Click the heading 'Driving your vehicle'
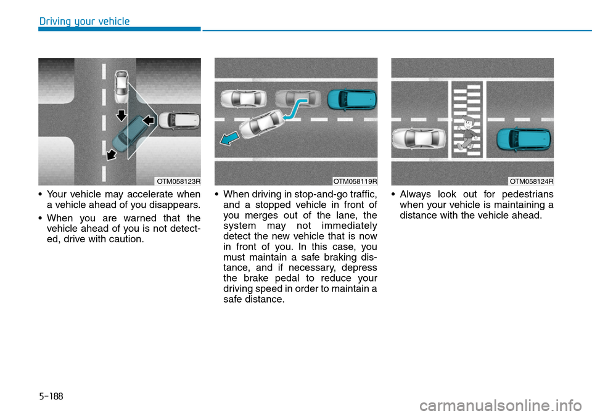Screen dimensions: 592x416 84,21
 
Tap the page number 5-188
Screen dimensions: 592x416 51,396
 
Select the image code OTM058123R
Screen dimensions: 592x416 179,181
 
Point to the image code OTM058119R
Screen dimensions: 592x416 355,181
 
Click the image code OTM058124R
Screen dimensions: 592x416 531,181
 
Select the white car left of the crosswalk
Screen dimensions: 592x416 419,139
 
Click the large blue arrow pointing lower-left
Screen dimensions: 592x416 229,138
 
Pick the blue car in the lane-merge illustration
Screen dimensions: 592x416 352,100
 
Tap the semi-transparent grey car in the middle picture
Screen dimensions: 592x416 298,99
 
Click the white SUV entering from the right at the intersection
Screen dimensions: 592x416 179,120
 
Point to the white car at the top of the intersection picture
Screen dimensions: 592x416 121,87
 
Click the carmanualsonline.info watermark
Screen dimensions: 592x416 500,406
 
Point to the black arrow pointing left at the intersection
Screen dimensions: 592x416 149,120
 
